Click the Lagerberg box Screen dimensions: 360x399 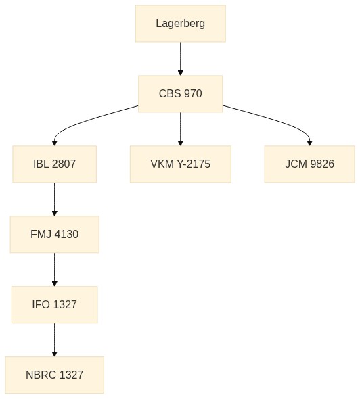point(181,24)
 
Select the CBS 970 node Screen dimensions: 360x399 point(181,94)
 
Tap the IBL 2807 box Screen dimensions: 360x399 point(55,164)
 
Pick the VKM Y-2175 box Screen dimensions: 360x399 point(181,164)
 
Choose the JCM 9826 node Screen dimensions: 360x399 point(310,164)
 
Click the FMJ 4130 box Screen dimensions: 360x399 point(55,235)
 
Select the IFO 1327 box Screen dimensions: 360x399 point(55,304)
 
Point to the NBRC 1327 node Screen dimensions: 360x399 point(55,375)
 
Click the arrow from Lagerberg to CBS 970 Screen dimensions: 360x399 point(181,59)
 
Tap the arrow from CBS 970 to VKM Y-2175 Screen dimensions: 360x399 point(181,129)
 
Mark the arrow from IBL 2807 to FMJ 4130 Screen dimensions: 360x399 point(55,199)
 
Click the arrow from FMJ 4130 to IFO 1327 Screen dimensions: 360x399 point(55,269)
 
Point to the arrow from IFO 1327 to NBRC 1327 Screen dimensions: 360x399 point(55,339)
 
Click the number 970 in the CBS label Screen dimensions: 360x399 point(193,93)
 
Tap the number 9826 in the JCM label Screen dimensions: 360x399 point(322,164)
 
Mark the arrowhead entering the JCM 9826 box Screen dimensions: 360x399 point(310,143)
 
